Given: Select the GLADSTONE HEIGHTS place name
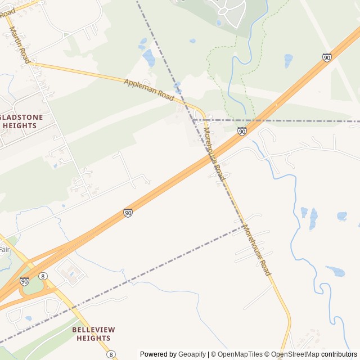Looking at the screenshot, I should click(x=19, y=121).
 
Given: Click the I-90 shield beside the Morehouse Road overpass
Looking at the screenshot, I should click(x=242, y=132).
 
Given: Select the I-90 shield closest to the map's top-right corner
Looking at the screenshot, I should click(x=327, y=57).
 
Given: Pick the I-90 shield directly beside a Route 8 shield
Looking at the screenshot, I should click(x=24, y=281).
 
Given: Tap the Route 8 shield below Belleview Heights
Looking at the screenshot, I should click(x=111, y=354).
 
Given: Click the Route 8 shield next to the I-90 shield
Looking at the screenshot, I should click(x=43, y=276).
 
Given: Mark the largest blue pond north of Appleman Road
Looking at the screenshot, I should click(x=148, y=57).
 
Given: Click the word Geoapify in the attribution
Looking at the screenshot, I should click(x=192, y=354).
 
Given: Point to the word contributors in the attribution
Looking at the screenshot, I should click(x=339, y=354).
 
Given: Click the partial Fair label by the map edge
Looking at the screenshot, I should click(x=4, y=249).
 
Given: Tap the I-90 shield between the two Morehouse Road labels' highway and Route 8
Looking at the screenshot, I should click(x=128, y=213).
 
